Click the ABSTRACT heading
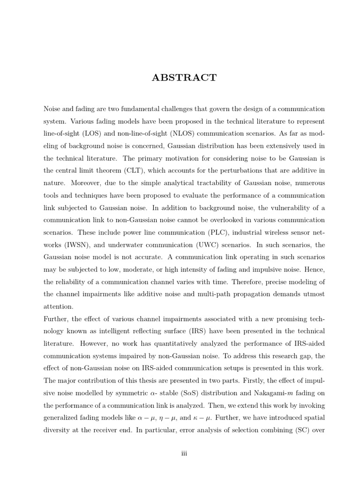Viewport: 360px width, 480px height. [184, 78]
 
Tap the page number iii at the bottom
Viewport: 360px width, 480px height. [184, 453]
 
